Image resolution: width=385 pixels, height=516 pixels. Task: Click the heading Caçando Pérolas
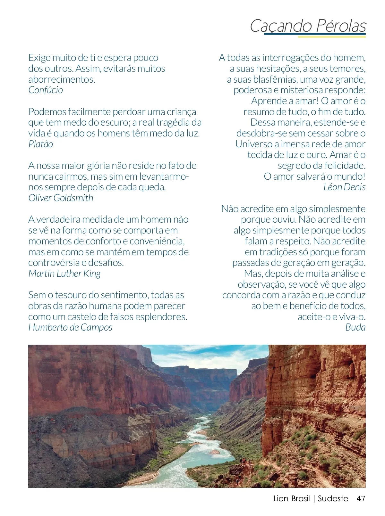tap(308, 26)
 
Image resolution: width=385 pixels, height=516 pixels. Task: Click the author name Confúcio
tap(46, 90)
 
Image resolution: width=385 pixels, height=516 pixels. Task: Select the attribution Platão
tap(41, 144)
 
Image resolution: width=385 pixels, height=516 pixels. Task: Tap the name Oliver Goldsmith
tap(61, 198)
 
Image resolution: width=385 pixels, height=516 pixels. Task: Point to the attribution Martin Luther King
tap(64, 274)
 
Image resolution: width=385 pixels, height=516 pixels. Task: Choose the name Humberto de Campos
tap(70, 327)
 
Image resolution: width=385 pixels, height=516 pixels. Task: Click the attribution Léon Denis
tap(344, 187)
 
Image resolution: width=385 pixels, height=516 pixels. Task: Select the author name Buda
tap(355, 327)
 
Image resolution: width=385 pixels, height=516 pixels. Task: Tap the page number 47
tap(361, 499)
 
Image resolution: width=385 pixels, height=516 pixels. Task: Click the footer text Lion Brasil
tap(291, 499)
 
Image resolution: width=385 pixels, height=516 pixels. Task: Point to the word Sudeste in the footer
tap(333, 499)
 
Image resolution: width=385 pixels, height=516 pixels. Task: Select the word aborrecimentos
tap(62, 79)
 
